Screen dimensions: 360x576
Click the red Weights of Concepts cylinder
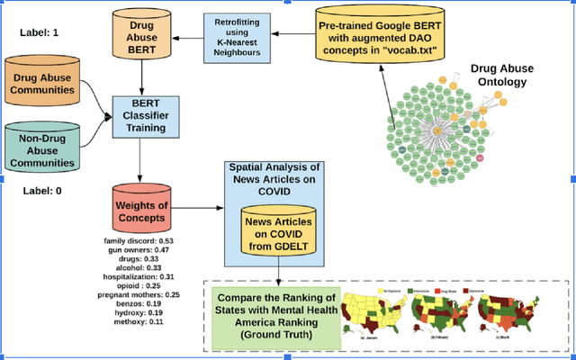(141, 210)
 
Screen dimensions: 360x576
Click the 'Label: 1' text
(40, 33)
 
